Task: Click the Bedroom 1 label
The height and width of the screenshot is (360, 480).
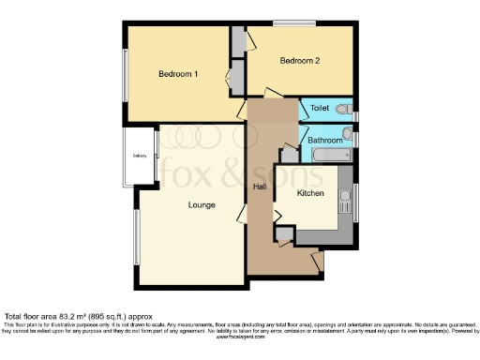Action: [x=177, y=74]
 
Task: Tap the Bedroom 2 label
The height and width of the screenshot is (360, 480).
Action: [x=300, y=61]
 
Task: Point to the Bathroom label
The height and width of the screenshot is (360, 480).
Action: [x=325, y=141]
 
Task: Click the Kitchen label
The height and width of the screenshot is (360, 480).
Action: [x=310, y=193]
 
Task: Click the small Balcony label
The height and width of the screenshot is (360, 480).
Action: [x=140, y=157]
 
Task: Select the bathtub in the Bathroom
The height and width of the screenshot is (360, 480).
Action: [x=329, y=154]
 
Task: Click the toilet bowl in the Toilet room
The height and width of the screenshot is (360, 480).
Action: [x=344, y=111]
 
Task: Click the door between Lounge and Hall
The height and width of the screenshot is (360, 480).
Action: [x=242, y=219]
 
